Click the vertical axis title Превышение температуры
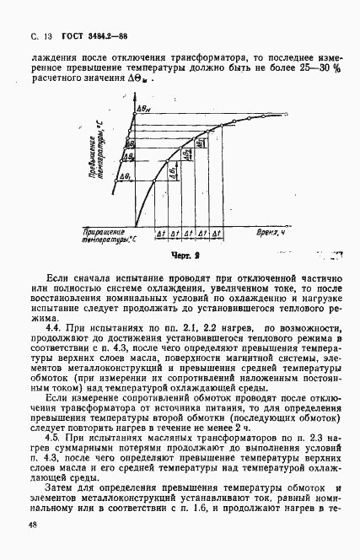pos(100,153)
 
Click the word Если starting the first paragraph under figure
pos(59,277)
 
